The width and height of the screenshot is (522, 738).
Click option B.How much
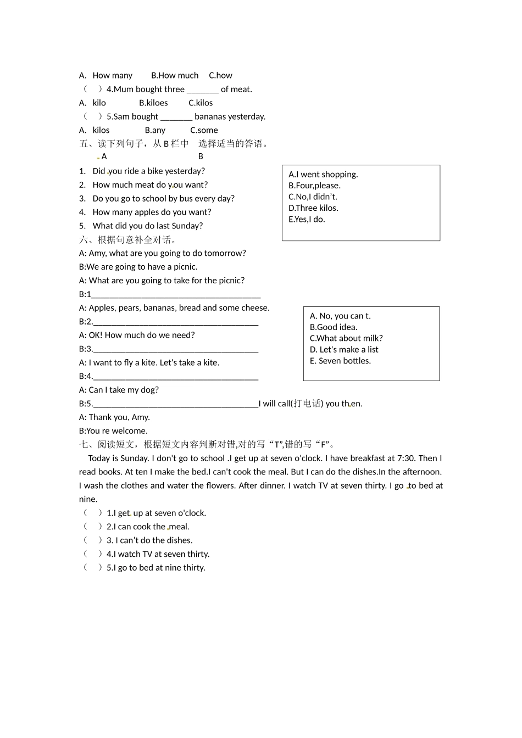pos(175,75)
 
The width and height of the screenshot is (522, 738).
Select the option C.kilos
pos(201,103)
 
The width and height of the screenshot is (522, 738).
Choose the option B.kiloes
pos(153,103)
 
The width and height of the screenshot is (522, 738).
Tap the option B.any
pos(155,130)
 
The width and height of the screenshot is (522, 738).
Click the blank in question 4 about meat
pos(202,90)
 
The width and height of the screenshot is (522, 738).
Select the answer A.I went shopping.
pos(323,175)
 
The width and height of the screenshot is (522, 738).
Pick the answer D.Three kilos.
pos(313,208)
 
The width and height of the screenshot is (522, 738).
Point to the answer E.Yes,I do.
pos(307,219)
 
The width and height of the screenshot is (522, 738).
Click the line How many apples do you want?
pos(152,212)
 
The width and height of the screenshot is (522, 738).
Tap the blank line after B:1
pos(176,295)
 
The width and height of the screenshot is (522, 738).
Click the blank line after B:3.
pos(176,350)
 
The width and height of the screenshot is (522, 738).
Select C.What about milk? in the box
pos(346,338)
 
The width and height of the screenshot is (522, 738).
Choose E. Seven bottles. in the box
pos(340,361)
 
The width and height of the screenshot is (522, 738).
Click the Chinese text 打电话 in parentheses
pos(307,404)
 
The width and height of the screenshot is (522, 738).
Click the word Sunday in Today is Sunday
pos(134,458)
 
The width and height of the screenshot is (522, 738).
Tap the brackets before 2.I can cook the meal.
pos(92,527)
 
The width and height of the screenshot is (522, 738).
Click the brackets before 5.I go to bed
pos(92,568)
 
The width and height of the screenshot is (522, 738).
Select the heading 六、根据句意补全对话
pos(128,239)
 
